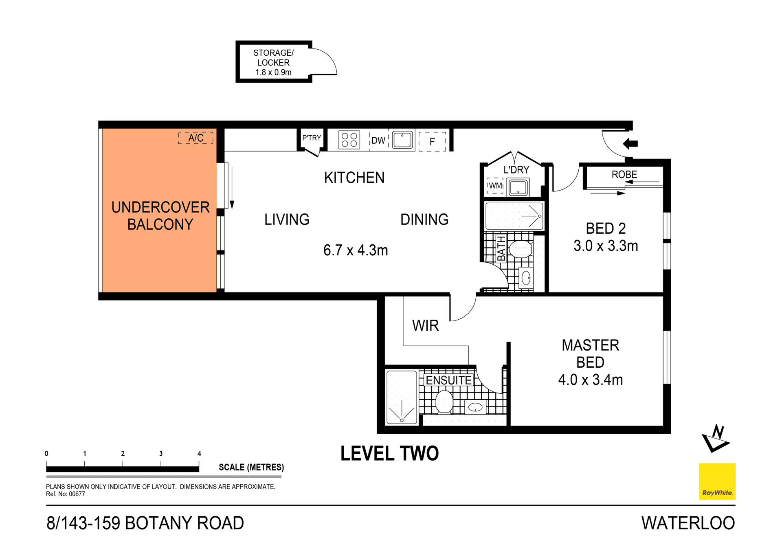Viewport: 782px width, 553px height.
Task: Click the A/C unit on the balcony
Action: click(195, 138)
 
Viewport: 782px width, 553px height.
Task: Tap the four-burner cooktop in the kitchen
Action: click(349, 140)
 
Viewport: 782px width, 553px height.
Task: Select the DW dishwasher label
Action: click(378, 140)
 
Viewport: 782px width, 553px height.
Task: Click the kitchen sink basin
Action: click(402, 140)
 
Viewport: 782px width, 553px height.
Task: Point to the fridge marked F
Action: click(432, 141)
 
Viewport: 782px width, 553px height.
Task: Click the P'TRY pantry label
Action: click(312, 138)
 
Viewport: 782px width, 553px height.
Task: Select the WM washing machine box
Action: click(495, 186)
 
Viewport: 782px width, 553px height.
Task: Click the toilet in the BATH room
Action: click(521, 249)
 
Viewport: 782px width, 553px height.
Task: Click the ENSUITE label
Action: click(448, 380)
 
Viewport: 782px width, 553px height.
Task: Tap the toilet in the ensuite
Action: click(444, 402)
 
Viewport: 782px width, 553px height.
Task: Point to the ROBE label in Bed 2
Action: click(624, 175)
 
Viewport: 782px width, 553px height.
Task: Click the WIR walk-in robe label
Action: click(425, 326)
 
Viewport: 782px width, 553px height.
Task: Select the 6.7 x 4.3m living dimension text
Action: click(355, 250)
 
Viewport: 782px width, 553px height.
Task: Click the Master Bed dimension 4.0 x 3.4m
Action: click(590, 380)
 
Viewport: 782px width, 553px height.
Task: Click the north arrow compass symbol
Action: click(716, 439)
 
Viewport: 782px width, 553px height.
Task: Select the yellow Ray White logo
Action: click(717, 481)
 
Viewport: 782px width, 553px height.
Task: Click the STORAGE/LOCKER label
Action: click(273, 62)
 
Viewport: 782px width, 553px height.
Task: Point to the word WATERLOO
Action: click(688, 523)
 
